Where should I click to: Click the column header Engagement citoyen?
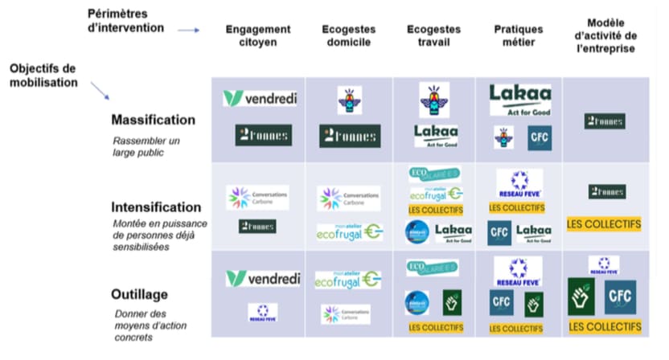point(258,36)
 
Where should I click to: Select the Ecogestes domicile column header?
point(349,36)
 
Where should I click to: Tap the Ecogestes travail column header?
point(434,36)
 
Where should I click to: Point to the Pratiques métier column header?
point(519,36)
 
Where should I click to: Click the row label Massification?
point(154,120)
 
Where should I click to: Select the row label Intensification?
point(156,207)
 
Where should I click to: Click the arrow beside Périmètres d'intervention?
point(188,31)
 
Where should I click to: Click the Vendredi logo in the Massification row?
point(260,99)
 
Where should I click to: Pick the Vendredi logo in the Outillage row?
point(262,279)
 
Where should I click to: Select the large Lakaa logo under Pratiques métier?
point(520,100)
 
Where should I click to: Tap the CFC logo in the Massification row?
point(540,137)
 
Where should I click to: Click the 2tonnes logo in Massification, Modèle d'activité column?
point(605,121)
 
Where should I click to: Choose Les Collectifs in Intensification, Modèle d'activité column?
point(604,224)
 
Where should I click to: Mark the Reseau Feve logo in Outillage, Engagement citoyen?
point(262,312)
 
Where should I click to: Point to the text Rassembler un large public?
point(146,146)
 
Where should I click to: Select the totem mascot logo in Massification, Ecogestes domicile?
point(349,100)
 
